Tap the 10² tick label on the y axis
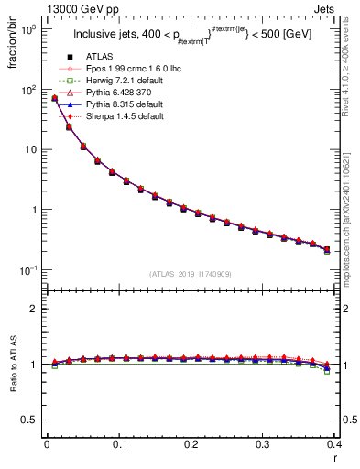click(x=27, y=89)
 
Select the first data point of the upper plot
click(x=54, y=98)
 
